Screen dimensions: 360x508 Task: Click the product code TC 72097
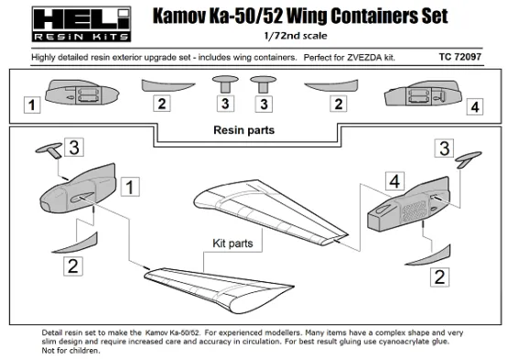(465, 57)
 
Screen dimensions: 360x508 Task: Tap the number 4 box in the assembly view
(392, 181)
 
